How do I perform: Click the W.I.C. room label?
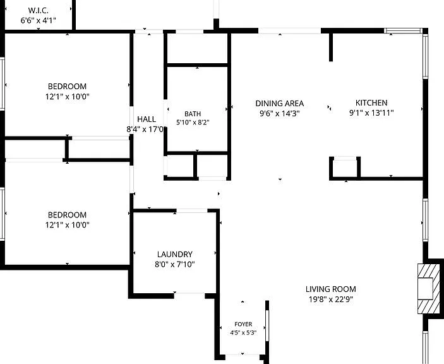click(39, 11)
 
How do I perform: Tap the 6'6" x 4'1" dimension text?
click(39, 20)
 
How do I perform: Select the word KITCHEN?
click(371, 102)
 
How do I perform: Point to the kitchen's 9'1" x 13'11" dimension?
click(371, 113)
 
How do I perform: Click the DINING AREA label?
click(280, 104)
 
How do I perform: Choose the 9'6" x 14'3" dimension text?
click(280, 114)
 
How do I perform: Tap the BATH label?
click(193, 114)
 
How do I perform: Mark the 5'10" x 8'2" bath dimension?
click(193, 123)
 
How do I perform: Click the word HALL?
click(147, 119)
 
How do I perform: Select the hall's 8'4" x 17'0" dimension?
click(145, 130)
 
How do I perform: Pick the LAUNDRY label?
click(175, 254)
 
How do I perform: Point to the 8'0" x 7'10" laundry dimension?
click(175, 265)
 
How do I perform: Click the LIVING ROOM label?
click(331, 289)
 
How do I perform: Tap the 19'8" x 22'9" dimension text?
click(331, 300)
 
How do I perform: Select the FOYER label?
click(243, 324)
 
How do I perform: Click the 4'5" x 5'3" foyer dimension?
click(243, 332)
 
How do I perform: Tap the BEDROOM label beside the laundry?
click(67, 215)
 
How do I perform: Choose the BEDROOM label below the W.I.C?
click(67, 86)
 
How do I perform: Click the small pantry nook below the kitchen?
click(345, 168)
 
